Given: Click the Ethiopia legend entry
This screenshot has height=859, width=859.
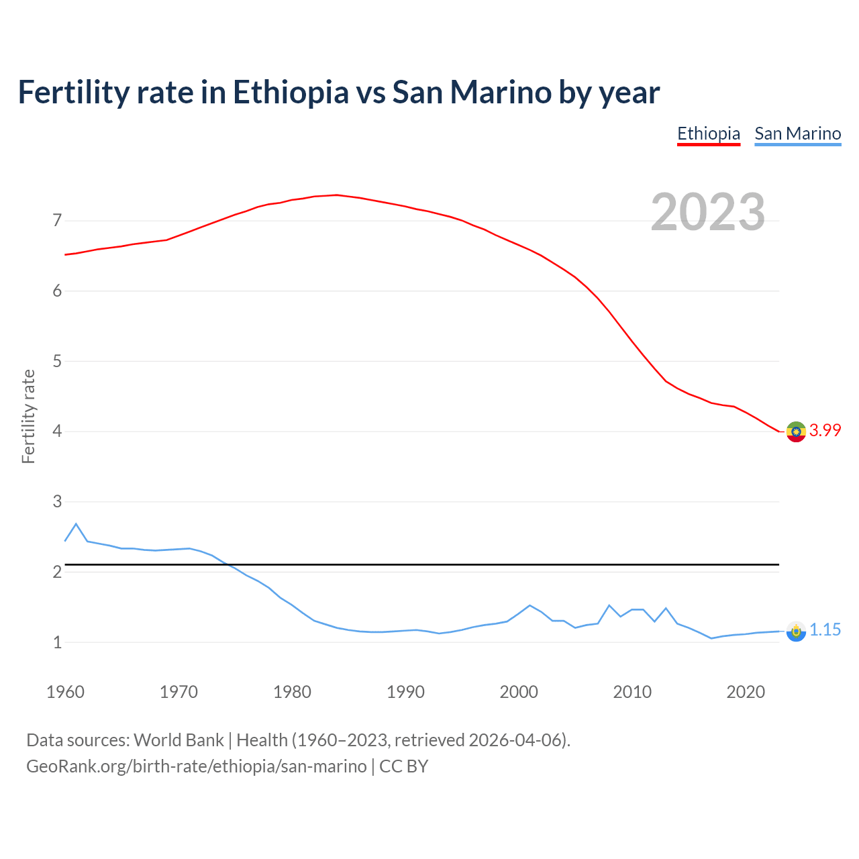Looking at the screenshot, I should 708,134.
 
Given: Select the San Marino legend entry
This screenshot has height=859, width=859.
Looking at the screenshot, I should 797,134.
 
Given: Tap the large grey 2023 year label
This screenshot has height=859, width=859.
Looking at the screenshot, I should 707,212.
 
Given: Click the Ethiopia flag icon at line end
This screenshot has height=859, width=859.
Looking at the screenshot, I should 796,432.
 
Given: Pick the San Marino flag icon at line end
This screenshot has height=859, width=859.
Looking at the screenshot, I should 796,631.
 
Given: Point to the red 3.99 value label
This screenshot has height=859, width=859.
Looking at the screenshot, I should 825,430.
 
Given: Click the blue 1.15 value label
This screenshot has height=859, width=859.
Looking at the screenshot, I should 825,629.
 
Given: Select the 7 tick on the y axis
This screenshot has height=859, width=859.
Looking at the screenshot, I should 57,221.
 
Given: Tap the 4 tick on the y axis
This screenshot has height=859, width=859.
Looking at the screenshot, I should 57,432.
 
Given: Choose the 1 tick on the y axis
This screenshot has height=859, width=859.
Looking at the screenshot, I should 57,642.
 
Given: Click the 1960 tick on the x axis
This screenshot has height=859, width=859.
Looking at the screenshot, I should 65,692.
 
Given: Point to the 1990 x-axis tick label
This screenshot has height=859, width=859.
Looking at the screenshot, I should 405,692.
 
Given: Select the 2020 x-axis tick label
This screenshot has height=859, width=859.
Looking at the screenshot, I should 746,692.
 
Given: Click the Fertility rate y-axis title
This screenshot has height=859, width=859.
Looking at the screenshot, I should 28,416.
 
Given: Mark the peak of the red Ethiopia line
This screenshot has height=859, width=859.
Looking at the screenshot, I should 336,195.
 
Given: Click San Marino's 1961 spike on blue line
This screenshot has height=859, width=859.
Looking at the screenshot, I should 76,523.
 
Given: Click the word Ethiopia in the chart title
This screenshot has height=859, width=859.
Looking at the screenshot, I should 291,92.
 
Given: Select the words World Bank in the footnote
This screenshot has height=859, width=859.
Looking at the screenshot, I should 179,740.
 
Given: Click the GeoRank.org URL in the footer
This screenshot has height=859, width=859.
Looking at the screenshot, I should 196,766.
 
